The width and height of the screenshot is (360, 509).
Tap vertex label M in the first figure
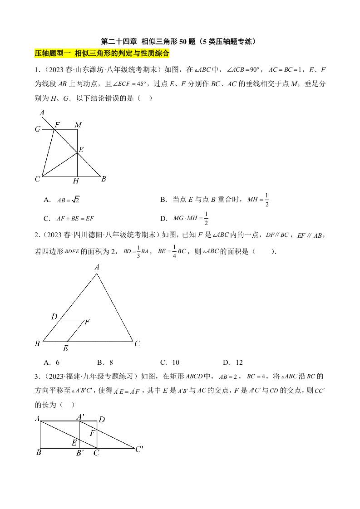[x=78, y=124]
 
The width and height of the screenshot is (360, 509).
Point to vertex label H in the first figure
[x=76, y=181]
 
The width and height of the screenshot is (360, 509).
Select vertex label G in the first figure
[x=37, y=129]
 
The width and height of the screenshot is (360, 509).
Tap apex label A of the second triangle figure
[x=97, y=268]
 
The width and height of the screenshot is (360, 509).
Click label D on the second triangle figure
[x=54, y=317]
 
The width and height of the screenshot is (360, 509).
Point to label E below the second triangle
[x=66, y=348]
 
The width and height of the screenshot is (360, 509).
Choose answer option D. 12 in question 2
[x=233, y=362]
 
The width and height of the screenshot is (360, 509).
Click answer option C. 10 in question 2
[x=170, y=362]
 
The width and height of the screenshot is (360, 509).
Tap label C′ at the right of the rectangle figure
[x=139, y=449]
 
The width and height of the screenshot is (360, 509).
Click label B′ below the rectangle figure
[x=79, y=453]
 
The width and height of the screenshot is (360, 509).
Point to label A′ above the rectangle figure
[x=80, y=416]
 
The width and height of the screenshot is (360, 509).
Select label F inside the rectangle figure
[x=92, y=433]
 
